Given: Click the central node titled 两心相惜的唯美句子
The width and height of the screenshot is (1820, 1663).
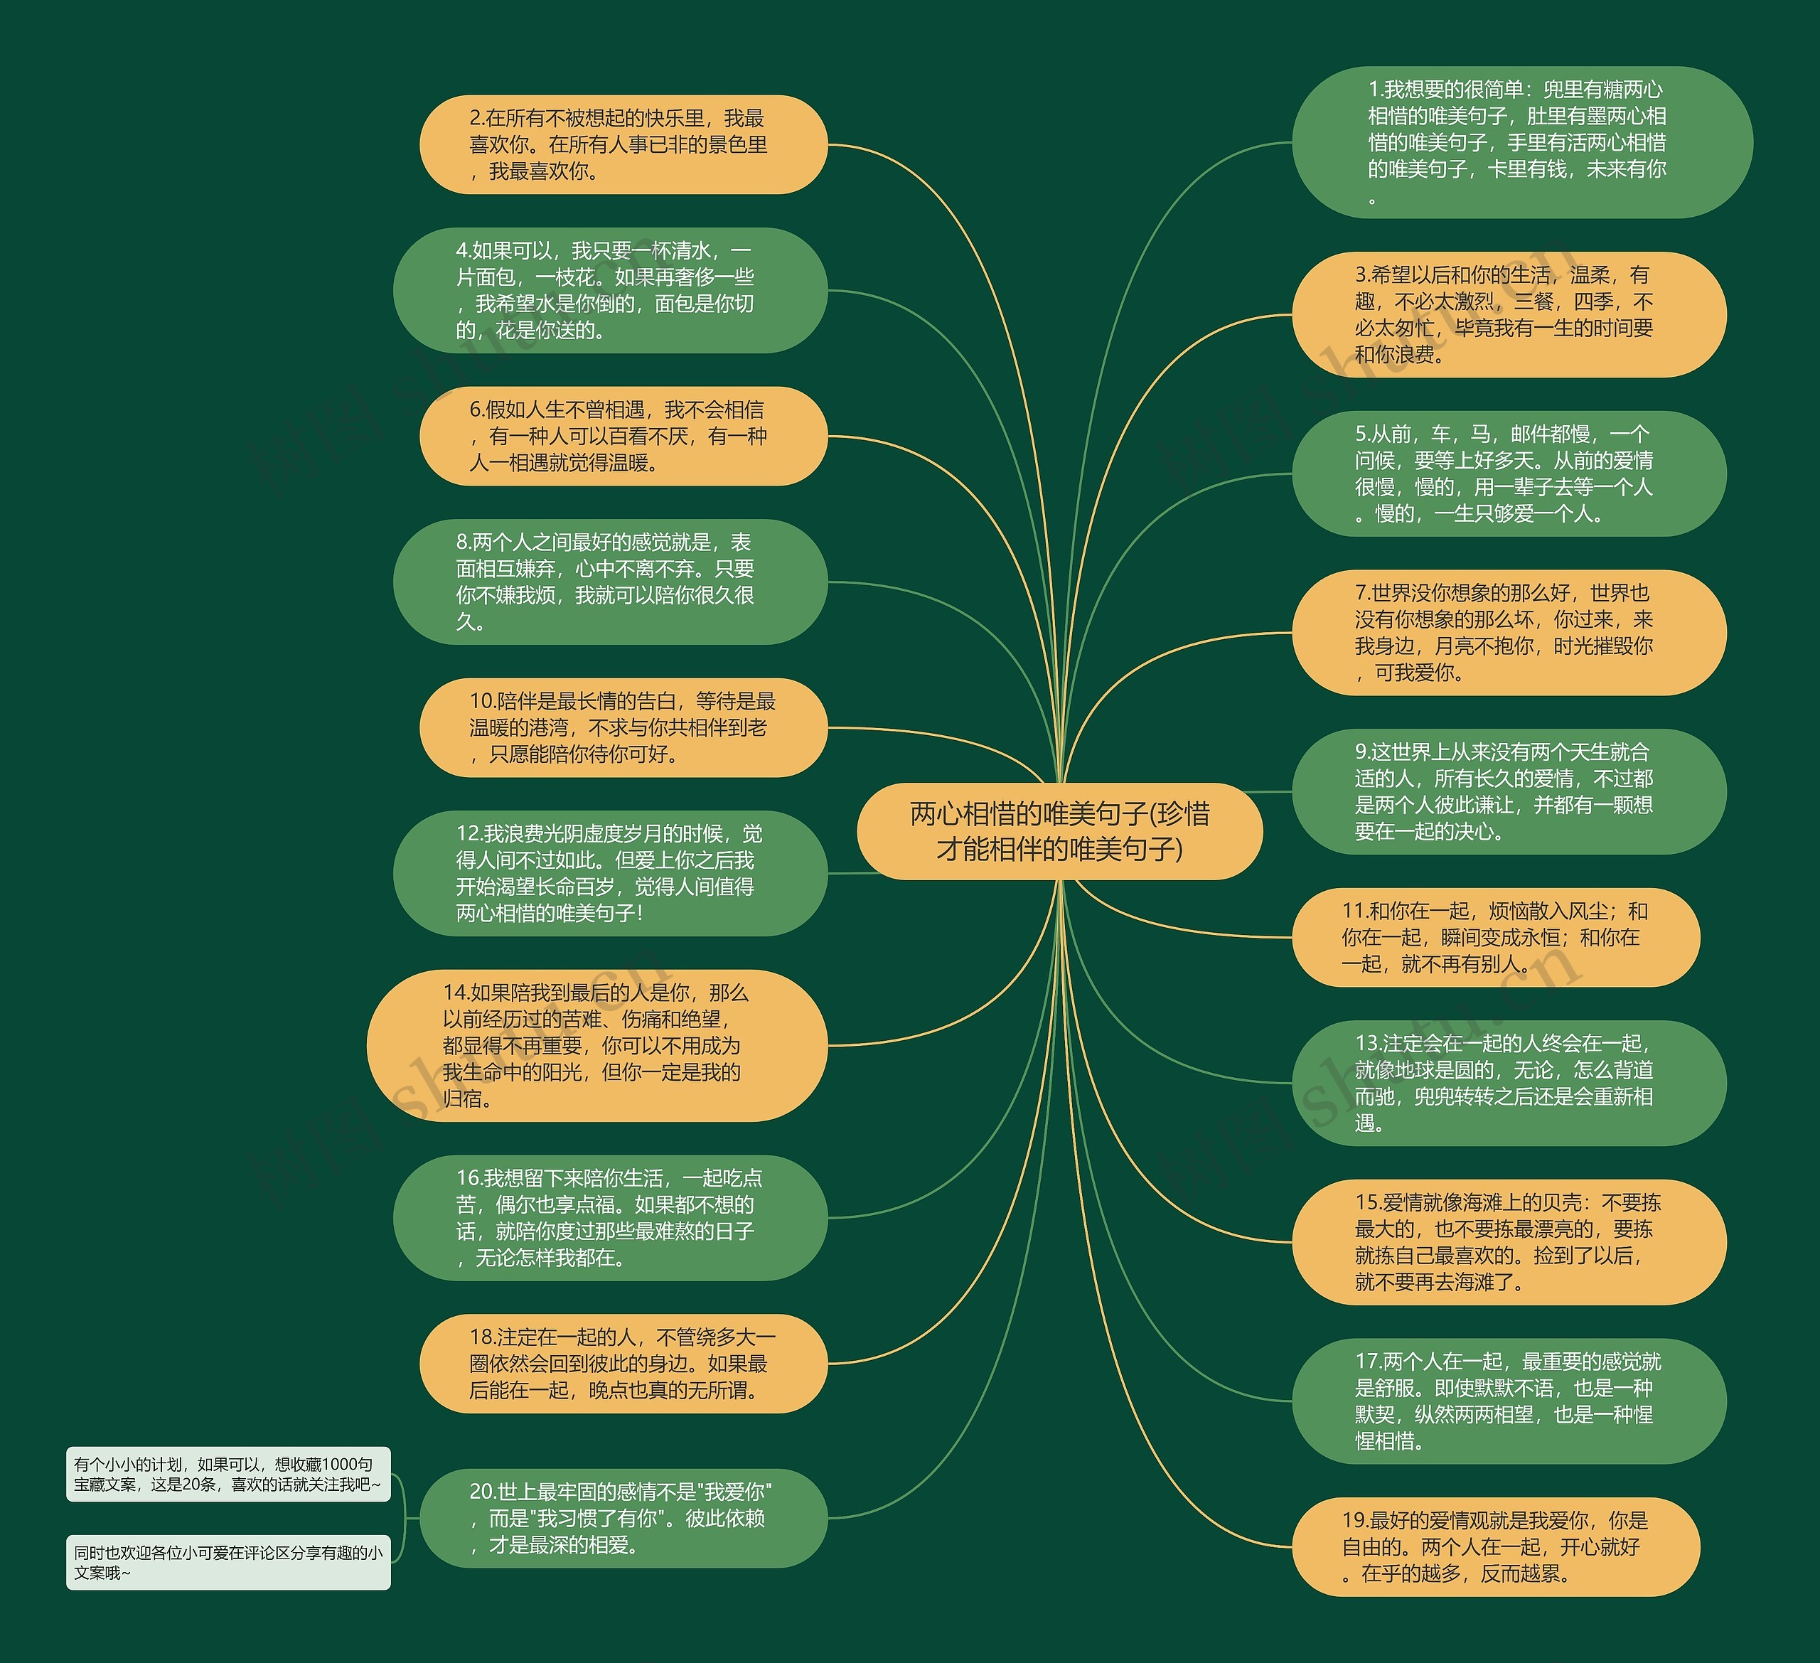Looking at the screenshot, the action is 1059,830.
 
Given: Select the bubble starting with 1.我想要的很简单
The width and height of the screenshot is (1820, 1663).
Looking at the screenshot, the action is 1521,141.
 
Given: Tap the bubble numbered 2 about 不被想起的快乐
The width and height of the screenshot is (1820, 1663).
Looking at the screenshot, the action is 623,144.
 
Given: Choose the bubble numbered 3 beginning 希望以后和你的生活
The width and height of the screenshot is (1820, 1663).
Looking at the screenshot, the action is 1509,314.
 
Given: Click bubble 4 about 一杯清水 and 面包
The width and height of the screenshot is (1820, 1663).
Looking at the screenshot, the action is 610,290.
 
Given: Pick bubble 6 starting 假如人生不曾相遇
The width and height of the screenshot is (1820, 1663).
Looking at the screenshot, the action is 623,436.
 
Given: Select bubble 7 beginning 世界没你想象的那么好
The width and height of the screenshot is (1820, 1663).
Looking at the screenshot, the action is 1509,632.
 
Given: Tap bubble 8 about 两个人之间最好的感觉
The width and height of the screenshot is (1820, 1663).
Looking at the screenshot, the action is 610,582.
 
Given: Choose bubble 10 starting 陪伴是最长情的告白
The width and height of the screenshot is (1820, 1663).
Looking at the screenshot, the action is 623,727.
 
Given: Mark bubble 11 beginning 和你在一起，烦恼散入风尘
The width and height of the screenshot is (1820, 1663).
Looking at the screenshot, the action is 1496,937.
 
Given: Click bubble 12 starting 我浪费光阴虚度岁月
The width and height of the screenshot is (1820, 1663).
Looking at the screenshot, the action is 610,873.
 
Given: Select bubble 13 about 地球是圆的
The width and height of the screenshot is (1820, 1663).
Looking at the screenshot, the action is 1509,1083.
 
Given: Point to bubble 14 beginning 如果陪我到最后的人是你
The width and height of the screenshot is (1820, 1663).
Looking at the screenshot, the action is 596,1045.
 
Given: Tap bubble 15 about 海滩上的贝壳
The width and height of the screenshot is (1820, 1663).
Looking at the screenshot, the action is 1509,1241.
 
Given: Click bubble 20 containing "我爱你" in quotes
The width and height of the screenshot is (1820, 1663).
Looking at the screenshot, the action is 623,1518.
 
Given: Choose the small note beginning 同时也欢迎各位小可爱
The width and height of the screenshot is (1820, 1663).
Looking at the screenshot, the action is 227,1562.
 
